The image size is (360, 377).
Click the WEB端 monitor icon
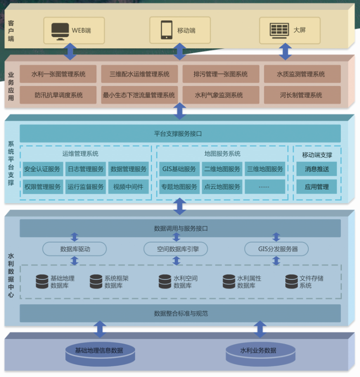point(60,30)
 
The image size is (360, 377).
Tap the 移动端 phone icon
point(166,30)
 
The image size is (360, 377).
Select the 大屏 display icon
point(279,30)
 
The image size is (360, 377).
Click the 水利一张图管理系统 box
point(59,74)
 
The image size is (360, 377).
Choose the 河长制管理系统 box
point(301,95)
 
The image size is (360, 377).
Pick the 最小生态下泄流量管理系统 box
point(139,95)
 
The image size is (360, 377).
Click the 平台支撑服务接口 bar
point(180,134)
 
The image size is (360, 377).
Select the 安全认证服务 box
point(42,169)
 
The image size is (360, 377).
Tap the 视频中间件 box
point(128,187)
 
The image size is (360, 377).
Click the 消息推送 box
point(317,169)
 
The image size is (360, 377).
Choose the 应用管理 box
point(317,187)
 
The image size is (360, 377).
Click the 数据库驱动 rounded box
point(75,249)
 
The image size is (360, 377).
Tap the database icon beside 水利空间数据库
point(165,282)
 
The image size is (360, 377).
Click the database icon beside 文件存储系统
point(291,282)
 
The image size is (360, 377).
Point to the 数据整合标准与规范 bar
point(180,313)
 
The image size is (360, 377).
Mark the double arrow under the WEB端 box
point(70,51)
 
